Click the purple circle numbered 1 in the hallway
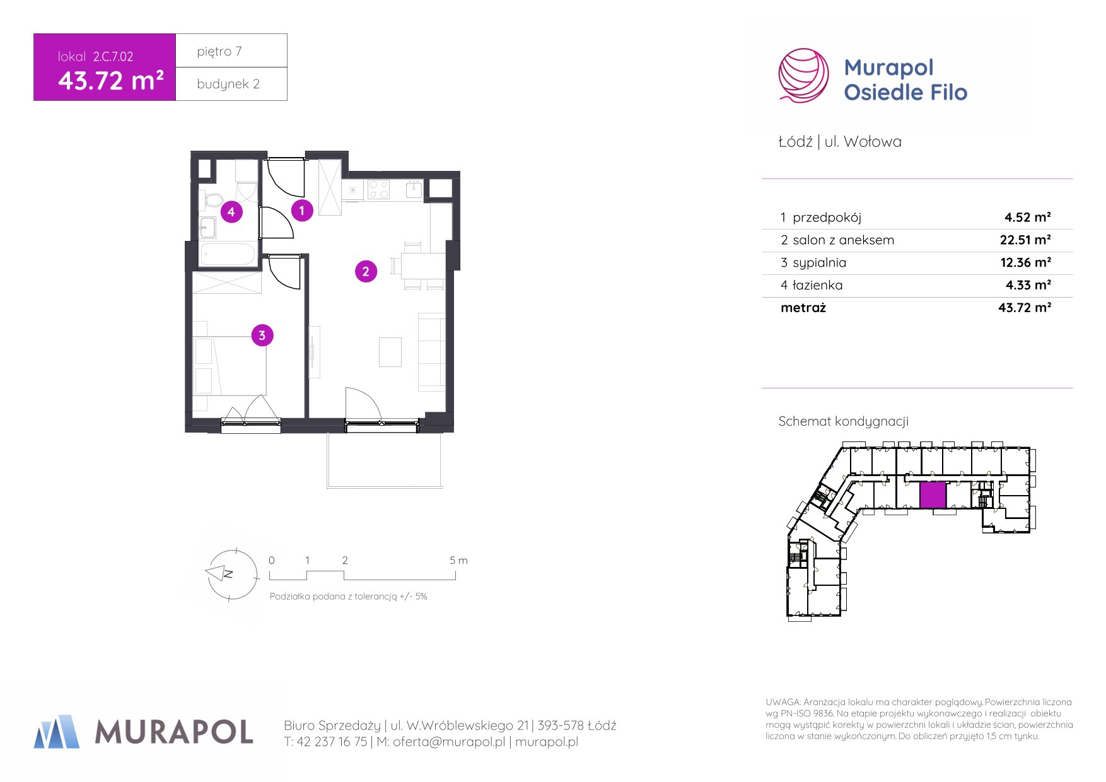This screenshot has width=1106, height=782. click(302, 210)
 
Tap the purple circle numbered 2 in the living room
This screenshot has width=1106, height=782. click(366, 272)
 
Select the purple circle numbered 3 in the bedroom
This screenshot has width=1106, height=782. click(262, 335)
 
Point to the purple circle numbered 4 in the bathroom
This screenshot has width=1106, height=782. click(231, 212)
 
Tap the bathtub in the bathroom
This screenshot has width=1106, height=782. click(227, 255)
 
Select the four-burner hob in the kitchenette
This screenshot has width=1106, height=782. click(378, 189)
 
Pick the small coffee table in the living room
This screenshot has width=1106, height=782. click(390, 352)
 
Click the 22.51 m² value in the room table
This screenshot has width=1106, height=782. click(1025, 240)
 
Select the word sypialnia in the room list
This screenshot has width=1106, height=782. click(819, 263)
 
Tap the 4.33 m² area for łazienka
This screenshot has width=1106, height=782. click(1028, 285)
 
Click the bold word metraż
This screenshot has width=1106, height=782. click(803, 308)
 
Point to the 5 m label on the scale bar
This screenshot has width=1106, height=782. click(458, 560)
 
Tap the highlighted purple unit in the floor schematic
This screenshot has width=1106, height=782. click(933, 495)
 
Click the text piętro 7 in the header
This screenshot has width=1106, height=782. click(219, 51)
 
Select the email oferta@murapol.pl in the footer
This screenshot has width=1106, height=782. click(449, 742)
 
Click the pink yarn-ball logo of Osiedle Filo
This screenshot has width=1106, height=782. click(803, 76)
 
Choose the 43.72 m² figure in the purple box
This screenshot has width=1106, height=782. click(111, 81)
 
